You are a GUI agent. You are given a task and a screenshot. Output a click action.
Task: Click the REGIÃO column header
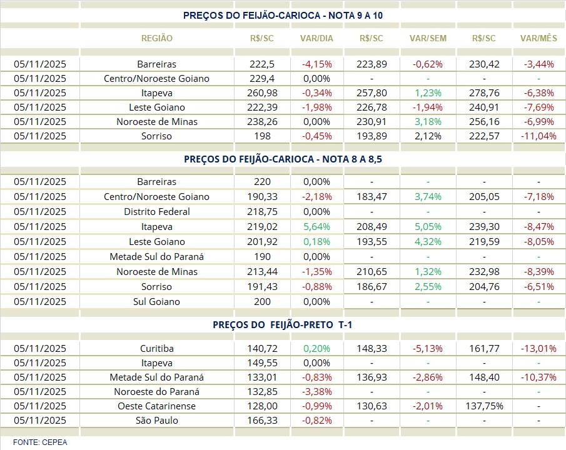(157, 38)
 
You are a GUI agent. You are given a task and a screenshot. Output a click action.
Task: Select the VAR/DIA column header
(316, 38)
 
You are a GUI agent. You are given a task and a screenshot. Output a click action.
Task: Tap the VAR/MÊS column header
(538, 38)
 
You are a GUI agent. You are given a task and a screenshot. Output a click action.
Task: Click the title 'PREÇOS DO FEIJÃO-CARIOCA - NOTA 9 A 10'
(283, 15)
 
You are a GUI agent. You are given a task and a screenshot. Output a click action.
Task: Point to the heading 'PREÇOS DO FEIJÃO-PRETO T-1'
(283, 325)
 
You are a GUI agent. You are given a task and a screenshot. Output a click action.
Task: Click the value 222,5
(262, 64)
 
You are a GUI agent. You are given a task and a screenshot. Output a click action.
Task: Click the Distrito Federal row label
(157, 212)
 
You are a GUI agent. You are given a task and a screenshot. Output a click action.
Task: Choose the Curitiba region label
(157, 349)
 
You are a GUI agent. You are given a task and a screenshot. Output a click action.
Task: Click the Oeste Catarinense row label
(157, 406)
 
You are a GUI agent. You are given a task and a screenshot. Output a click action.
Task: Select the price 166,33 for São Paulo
(262, 421)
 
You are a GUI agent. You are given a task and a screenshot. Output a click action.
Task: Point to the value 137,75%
(484, 406)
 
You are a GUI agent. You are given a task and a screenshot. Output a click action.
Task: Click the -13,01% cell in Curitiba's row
(538, 349)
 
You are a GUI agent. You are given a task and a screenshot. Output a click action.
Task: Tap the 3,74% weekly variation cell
(428, 197)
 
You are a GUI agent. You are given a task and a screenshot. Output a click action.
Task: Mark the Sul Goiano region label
(157, 302)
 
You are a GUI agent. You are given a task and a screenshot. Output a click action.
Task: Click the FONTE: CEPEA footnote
(40, 442)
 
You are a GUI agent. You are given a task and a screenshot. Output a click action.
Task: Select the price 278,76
(484, 92)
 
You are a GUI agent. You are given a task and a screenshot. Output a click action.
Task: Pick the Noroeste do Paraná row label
(157, 392)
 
